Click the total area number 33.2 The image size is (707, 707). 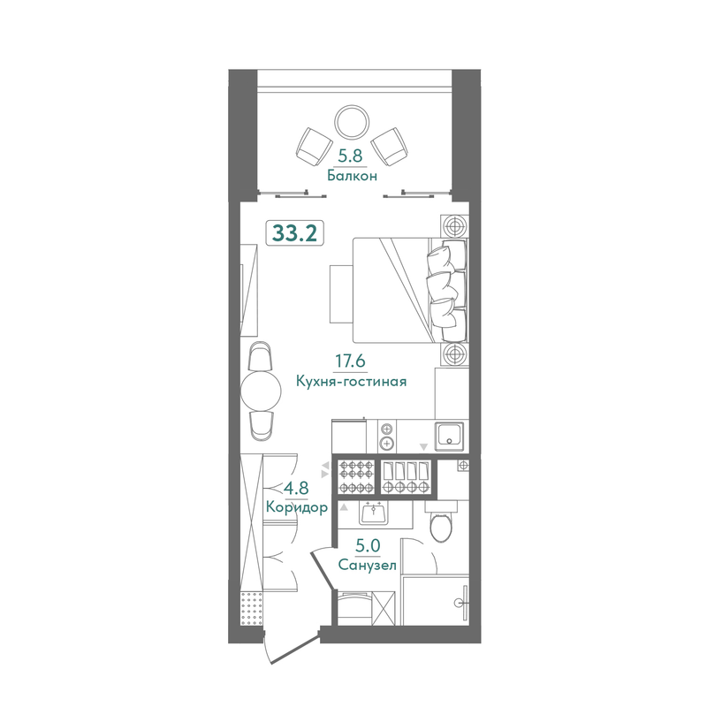[x=294, y=233]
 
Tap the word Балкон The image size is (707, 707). [x=352, y=175]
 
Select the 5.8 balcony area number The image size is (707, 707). [x=351, y=156]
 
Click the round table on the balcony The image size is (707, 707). [x=352, y=122]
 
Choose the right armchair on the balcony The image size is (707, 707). [x=390, y=147]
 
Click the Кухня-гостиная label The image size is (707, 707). [x=351, y=382]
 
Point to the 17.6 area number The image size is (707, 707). [x=350, y=361]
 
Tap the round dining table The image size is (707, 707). [x=261, y=391]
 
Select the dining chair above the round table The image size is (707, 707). [x=261, y=356]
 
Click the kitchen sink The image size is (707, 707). [x=449, y=437]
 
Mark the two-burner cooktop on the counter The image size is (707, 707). [x=387, y=436]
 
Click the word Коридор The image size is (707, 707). [x=297, y=507]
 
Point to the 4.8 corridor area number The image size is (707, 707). [x=296, y=488]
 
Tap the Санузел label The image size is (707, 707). [x=367, y=565]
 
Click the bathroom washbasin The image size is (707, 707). [x=374, y=513]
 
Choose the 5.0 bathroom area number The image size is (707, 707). [x=368, y=546]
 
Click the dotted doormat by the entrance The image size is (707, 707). [x=252, y=609]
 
